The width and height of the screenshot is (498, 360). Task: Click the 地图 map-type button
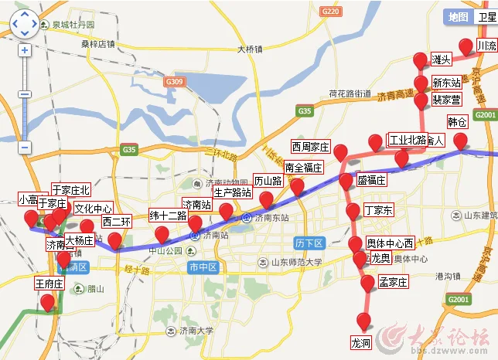pyautogui.click(x=459, y=17)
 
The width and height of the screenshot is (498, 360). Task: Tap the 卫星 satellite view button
pyautogui.click(x=486, y=17)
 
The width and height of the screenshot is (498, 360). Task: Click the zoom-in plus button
pyautogui.click(x=25, y=50)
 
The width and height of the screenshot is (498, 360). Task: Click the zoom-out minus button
pyautogui.click(x=25, y=147)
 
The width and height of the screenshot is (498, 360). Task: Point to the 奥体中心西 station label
pyautogui.click(x=390, y=242)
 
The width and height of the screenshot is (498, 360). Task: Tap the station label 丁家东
pyautogui.click(x=379, y=210)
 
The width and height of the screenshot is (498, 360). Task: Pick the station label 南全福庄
pyautogui.click(x=303, y=168)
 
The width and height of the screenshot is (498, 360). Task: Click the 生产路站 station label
pyautogui.click(x=232, y=192)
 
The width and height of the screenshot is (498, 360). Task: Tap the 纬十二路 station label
pyautogui.click(x=169, y=216)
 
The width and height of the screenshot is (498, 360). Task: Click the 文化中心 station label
pyautogui.click(x=94, y=209)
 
